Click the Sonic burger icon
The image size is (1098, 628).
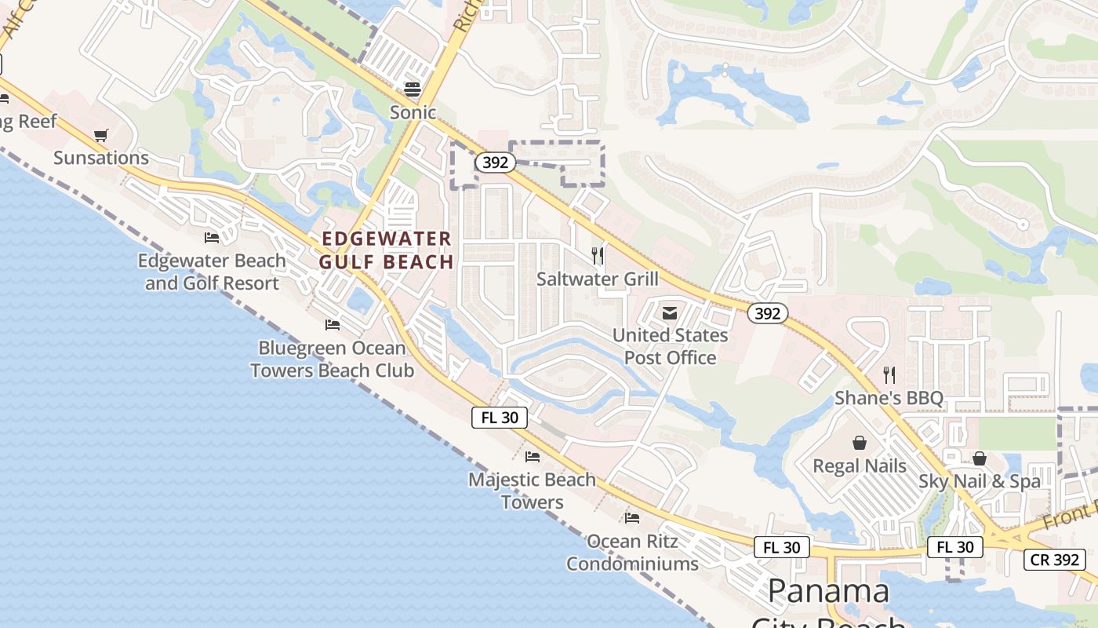413,89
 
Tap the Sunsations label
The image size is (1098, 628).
101,158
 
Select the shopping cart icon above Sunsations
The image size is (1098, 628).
100,136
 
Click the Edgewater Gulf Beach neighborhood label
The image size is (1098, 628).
387,250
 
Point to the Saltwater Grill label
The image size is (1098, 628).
598,279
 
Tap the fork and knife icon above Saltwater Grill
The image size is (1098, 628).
598,255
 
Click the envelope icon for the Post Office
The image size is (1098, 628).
669,313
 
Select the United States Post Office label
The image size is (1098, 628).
670,346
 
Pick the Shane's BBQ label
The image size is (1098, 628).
889,398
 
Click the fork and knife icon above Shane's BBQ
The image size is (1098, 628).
889,375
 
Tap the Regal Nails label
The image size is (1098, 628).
860,466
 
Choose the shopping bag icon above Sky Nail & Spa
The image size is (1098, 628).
979,458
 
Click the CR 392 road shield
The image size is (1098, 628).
1055,560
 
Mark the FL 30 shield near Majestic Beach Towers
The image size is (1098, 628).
500,418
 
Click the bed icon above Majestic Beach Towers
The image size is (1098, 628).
533,456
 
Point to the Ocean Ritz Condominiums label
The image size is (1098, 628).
632,553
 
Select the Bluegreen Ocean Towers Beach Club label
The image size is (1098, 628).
333,359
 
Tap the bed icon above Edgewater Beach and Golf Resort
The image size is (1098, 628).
212,237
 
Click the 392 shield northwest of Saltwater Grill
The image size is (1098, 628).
495,162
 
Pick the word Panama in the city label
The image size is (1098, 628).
828,591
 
